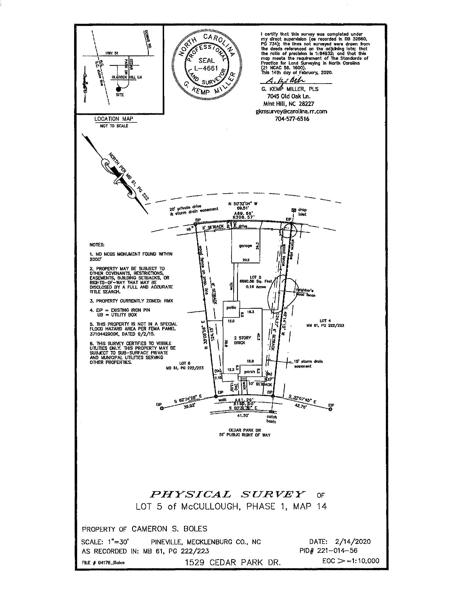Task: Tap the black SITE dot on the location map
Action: [x=118, y=89]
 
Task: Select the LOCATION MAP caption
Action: [x=113, y=119]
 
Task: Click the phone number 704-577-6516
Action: [x=292, y=119]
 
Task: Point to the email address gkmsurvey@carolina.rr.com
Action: [x=292, y=111]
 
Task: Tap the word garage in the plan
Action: [x=245, y=246]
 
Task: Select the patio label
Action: [x=231, y=307]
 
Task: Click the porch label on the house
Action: [x=249, y=372]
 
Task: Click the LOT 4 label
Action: [x=325, y=321]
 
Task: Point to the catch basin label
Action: [x=271, y=419]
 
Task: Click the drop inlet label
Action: [x=302, y=212]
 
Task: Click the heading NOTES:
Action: [x=97, y=245]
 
